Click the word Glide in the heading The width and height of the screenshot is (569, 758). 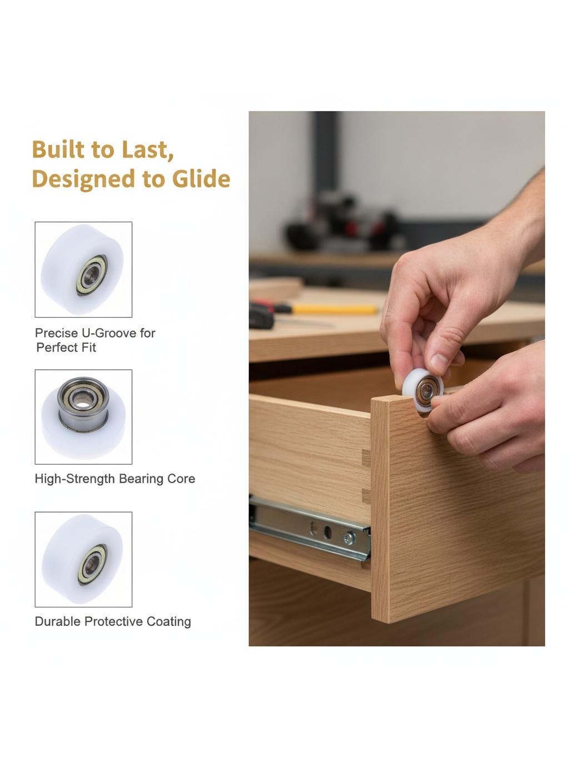point(201,179)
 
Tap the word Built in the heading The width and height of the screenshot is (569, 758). point(58,149)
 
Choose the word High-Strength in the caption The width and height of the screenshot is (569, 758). point(75,479)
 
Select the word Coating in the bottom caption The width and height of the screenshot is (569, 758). point(168,622)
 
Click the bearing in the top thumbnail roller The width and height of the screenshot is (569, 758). point(92,275)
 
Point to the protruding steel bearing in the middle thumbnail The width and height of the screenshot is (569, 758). point(83,404)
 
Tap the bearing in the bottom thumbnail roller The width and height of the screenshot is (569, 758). point(93,565)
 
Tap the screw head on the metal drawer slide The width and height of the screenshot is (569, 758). point(350,538)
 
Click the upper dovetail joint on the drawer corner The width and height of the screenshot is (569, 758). point(366,458)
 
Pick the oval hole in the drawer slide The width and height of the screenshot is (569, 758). point(327,533)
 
